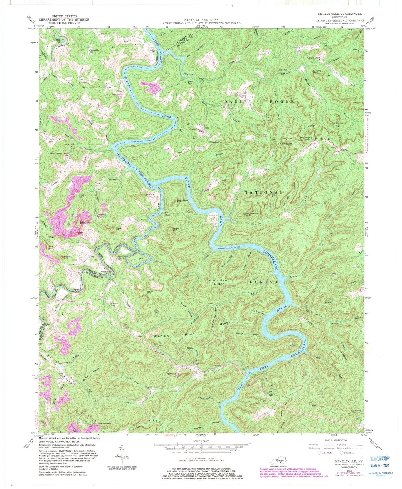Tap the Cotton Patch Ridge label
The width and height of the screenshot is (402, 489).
click(218, 282)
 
